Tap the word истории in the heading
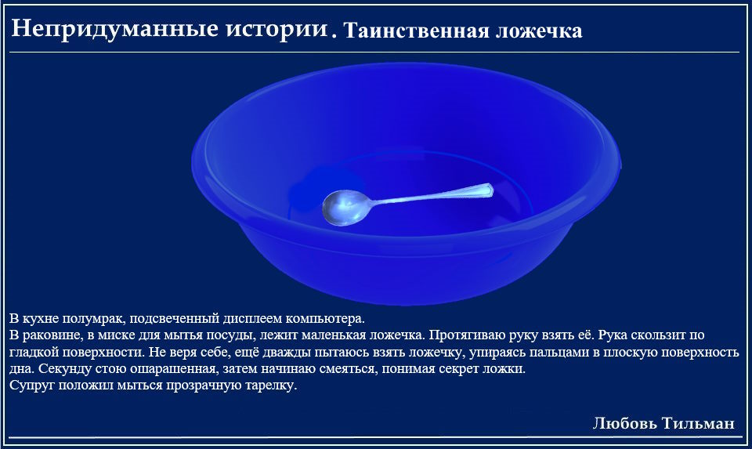pyautogui.click(x=277, y=29)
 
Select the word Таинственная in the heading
pyautogui.click(x=415, y=31)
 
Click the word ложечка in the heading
pyautogui.click(x=539, y=31)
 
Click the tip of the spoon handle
pyautogui.click(x=492, y=188)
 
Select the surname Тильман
pyautogui.click(x=698, y=423)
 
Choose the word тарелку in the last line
pyautogui.click(x=272, y=386)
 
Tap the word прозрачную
pyautogui.click(x=204, y=386)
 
